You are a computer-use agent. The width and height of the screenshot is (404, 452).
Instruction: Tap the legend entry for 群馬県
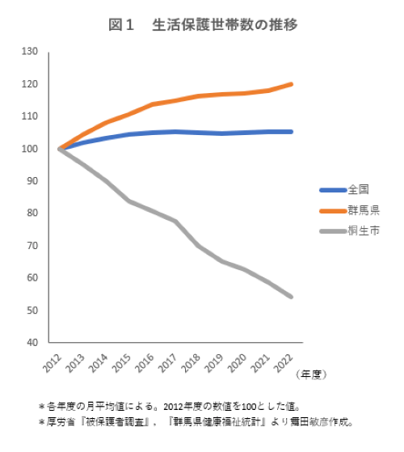(x=361, y=211)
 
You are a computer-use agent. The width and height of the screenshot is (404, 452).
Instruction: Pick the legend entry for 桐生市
(x=361, y=231)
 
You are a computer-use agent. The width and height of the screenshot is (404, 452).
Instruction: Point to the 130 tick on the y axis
(x=31, y=52)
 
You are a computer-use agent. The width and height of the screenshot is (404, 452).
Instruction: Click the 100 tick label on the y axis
(x=31, y=149)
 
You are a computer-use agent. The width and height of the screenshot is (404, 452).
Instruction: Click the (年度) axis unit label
(x=309, y=374)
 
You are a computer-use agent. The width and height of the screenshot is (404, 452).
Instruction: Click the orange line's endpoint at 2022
(x=291, y=84)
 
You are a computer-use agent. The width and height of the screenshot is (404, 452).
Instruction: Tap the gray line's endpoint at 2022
(x=291, y=297)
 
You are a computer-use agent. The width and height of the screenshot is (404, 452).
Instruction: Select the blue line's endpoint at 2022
(x=291, y=132)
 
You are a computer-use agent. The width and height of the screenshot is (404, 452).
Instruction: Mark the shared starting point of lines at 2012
(x=60, y=149)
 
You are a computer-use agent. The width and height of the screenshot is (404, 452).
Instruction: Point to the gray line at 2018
(x=199, y=245)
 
